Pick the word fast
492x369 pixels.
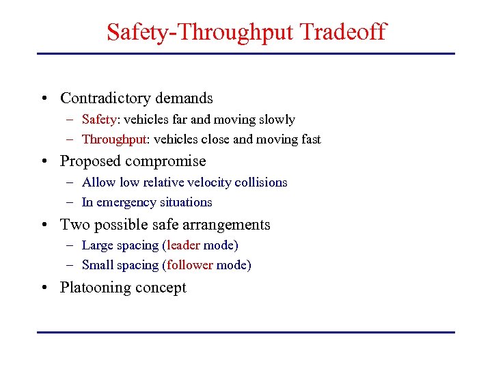(310, 139)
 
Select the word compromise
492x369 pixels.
(171, 161)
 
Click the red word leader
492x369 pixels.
(183, 245)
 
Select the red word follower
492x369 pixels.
(190, 265)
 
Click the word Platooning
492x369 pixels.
(94, 288)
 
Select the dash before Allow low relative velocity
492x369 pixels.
(71, 182)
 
